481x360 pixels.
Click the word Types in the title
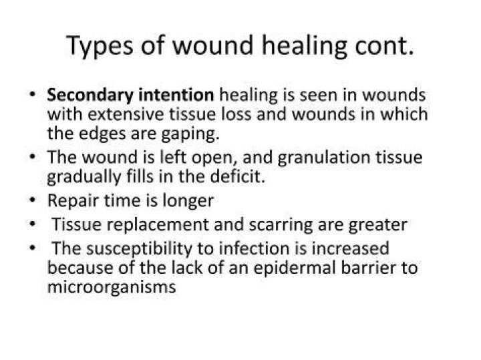click(100, 46)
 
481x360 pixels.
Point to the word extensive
click(126, 114)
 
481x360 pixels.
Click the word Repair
click(73, 201)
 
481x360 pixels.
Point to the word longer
click(188, 202)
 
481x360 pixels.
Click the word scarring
click(281, 225)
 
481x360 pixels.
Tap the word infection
click(255, 248)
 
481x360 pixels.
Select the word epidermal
click(295, 268)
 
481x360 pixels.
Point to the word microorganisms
click(112, 288)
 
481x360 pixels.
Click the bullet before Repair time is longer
click(33, 200)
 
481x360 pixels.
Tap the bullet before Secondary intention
click(33, 94)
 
